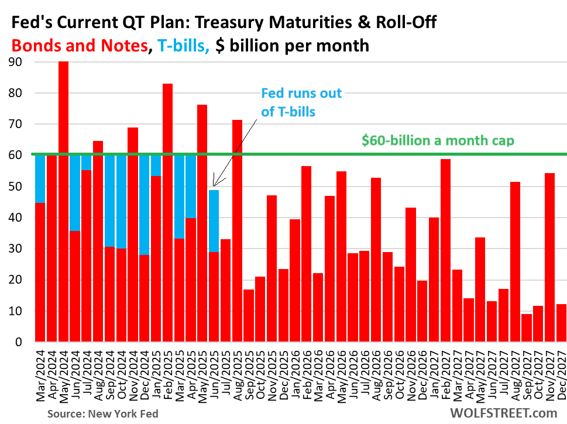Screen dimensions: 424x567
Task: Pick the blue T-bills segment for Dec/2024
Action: click(x=145, y=205)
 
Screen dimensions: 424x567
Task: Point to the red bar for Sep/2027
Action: click(x=527, y=328)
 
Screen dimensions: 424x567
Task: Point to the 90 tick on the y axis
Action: click(x=19, y=61)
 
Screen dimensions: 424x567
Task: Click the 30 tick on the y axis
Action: click(x=19, y=249)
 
